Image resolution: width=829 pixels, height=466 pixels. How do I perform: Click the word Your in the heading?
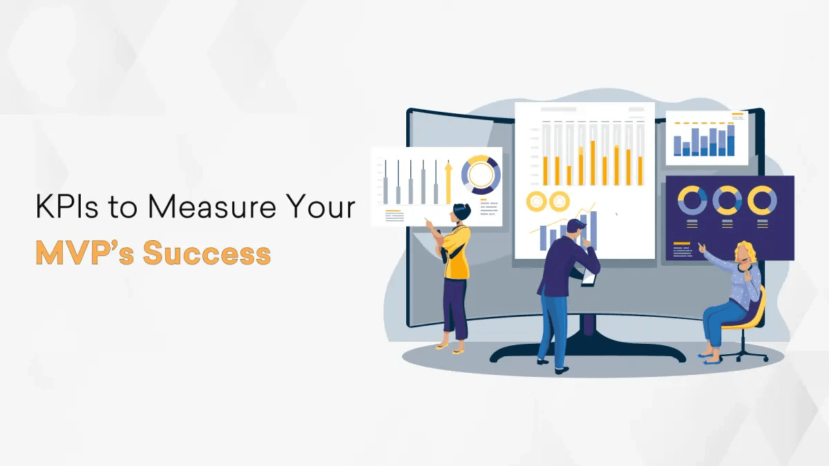click(x=322, y=207)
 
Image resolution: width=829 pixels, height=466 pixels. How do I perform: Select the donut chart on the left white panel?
click(x=481, y=174)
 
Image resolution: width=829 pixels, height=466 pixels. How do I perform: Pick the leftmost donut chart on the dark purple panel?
click(x=692, y=201)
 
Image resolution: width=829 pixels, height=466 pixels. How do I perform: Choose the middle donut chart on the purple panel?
click(x=727, y=201)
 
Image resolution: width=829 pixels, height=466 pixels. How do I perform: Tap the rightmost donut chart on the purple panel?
click(x=762, y=201)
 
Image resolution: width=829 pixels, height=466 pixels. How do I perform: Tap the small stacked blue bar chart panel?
click(x=706, y=139)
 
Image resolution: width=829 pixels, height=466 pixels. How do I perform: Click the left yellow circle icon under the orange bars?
click(x=536, y=202)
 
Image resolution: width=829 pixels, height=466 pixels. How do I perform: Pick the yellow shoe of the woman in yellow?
click(x=458, y=351)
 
